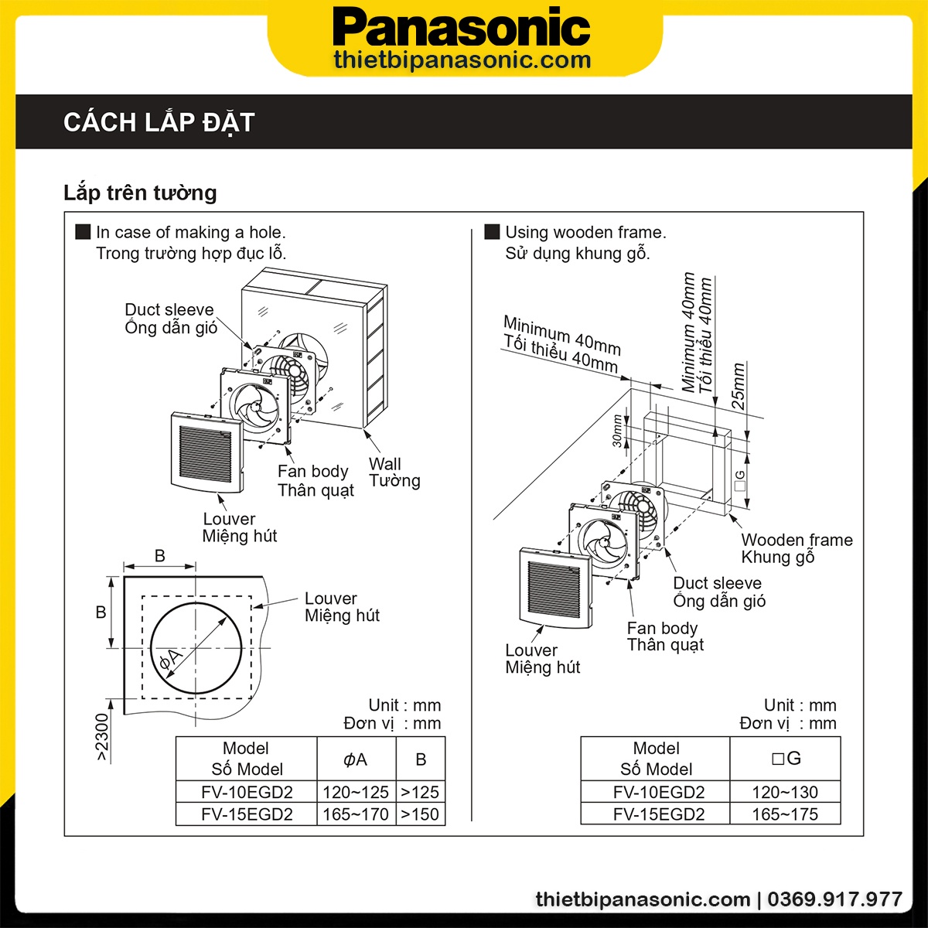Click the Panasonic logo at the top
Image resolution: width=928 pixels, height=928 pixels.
[462, 29]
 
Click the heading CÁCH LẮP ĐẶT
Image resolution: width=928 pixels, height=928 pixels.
[159, 122]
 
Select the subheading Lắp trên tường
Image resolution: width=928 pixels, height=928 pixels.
[140, 193]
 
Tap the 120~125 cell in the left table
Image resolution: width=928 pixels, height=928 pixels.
[356, 792]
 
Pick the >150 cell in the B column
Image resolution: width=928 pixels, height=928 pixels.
[420, 814]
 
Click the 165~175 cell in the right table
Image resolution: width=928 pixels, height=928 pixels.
[785, 814]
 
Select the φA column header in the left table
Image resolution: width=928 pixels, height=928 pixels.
[356, 759]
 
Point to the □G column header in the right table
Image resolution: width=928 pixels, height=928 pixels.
[785, 759]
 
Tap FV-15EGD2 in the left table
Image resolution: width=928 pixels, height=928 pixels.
[247, 814]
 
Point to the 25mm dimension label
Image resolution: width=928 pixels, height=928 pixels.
[739, 386]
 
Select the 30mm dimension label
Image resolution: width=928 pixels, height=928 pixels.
[617, 430]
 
